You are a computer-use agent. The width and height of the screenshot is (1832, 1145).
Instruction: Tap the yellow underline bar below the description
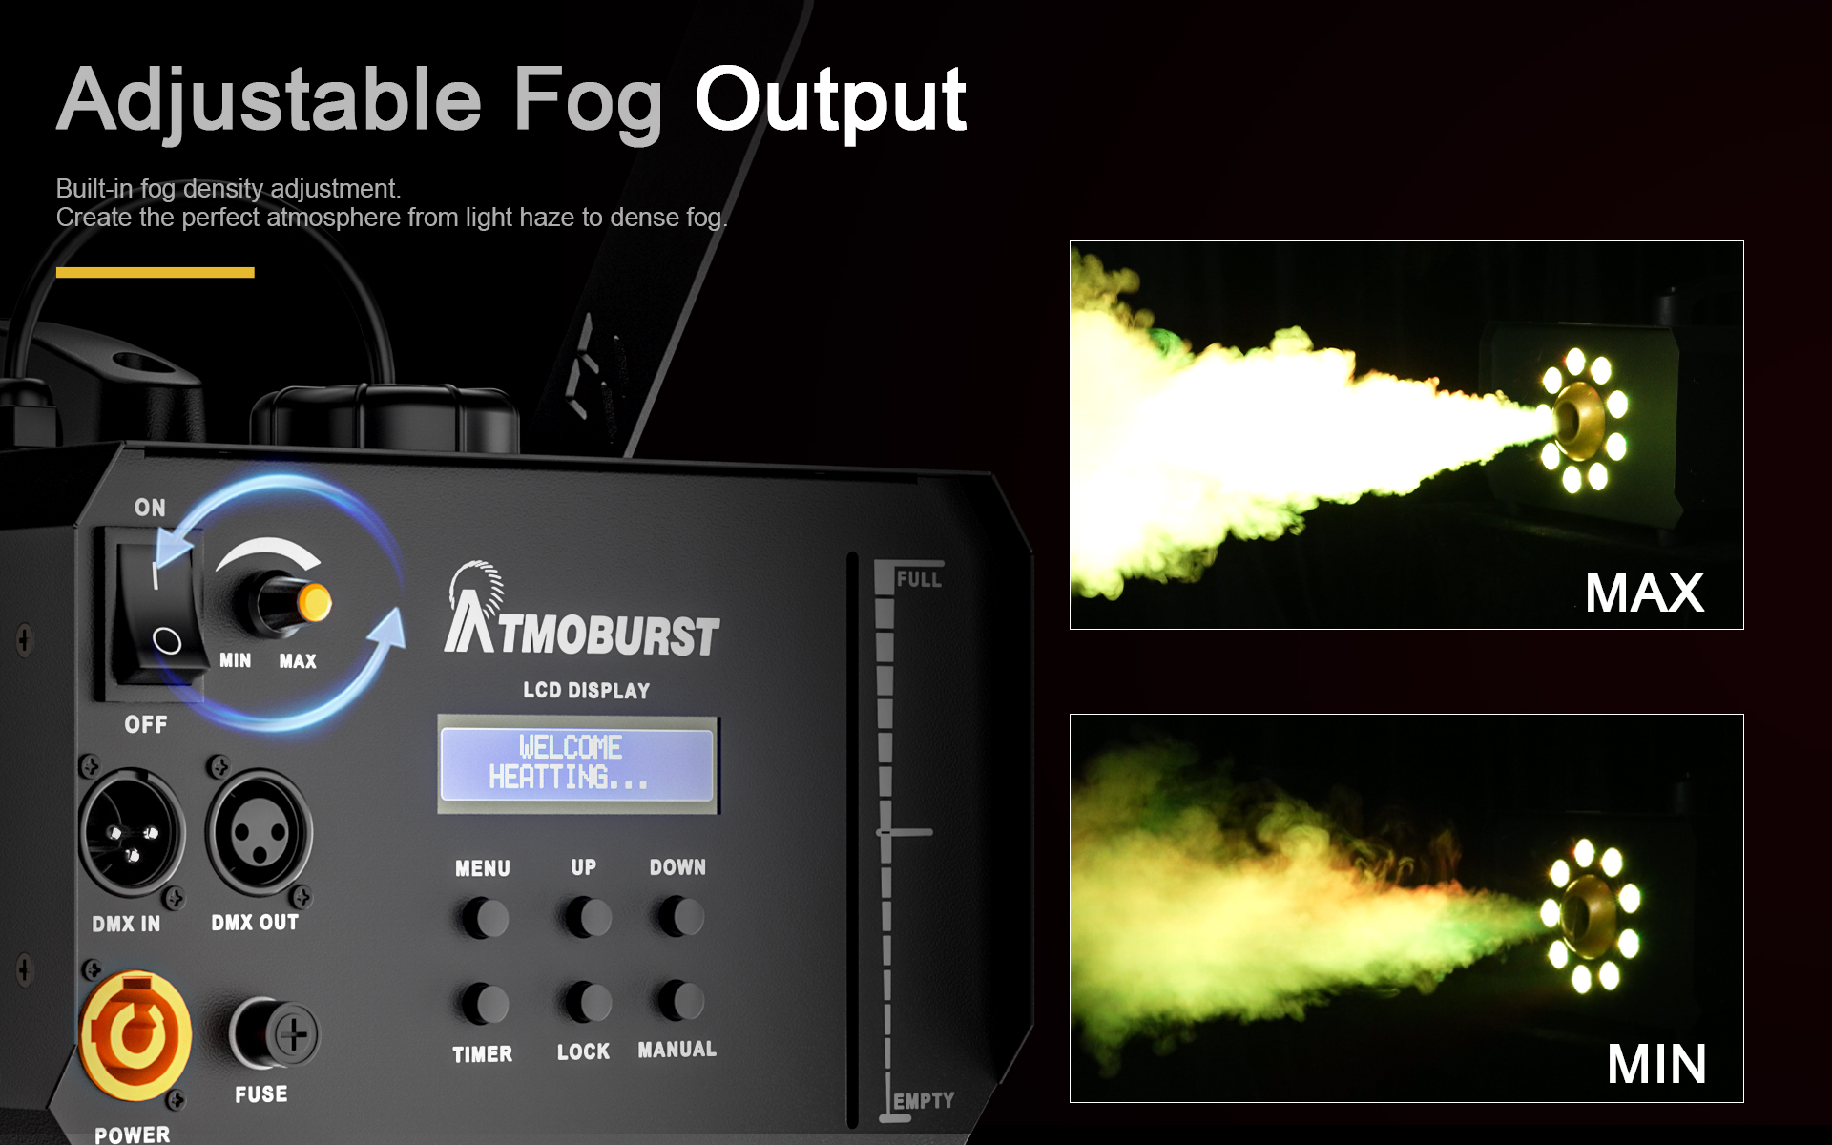156,272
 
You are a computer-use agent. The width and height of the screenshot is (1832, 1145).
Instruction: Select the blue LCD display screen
576,763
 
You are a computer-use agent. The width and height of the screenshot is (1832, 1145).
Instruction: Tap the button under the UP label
586,918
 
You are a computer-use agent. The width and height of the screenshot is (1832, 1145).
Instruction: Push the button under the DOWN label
679,917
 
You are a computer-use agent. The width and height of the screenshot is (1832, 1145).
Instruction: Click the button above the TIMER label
484,1004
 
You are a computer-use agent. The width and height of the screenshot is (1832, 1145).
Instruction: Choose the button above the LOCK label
586,1002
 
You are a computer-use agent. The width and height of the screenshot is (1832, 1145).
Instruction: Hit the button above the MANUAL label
679,1000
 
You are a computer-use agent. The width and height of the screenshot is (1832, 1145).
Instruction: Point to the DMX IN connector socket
131,831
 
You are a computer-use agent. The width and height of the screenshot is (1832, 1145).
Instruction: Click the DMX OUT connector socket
260,831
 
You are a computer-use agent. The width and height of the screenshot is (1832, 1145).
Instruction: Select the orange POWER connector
135,1035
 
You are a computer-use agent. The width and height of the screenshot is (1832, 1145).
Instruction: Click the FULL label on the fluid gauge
919,579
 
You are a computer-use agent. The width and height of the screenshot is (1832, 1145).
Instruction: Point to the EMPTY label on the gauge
924,1100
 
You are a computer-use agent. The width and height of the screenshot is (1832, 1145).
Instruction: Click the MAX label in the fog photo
1645,593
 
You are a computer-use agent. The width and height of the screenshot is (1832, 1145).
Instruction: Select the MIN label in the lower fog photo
1656,1064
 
